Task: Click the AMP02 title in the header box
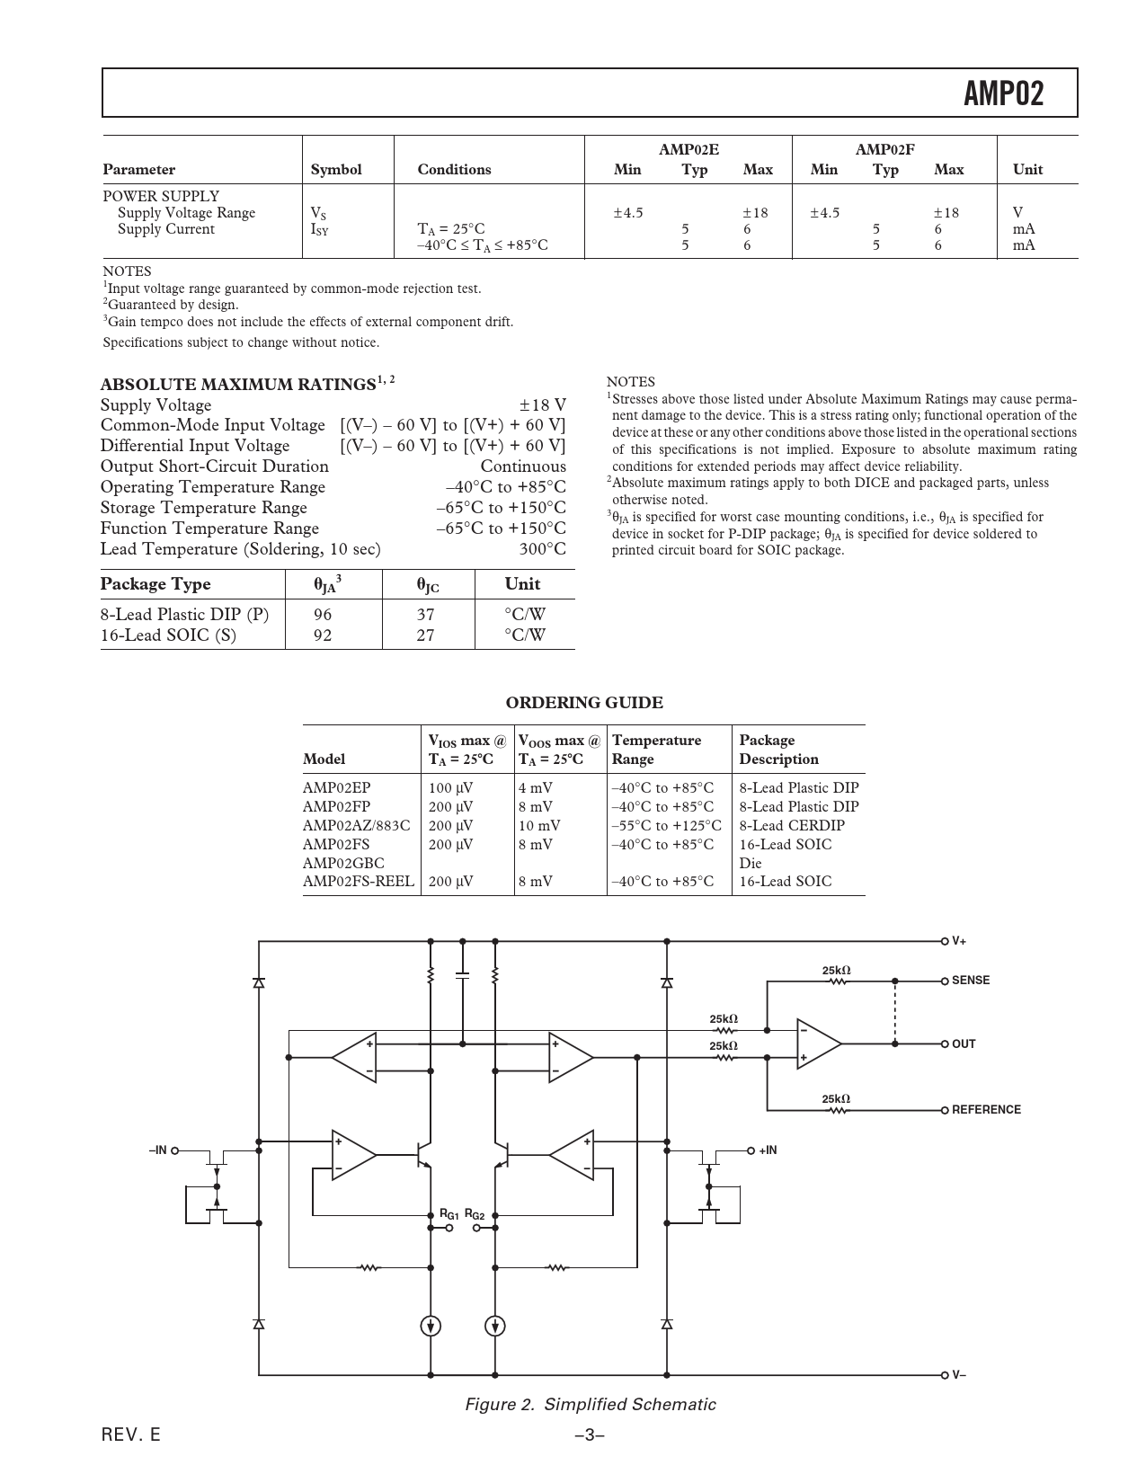pyautogui.click(x=1003, y=93)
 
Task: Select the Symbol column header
pyautogui.click(x=335, y=170)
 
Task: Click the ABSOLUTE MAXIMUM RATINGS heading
pyautogui.click(x=237, y=385)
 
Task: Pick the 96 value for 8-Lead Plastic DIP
pyautogui.click(x=323, y=615)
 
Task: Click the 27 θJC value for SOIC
pyautogui.click(x=425, y=635)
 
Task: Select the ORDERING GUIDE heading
pyautogui.click(x=584, y=703)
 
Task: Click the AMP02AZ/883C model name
pyautogui.click(x=356, y=825)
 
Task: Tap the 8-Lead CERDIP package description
pyautogui.click(x=791, y=825)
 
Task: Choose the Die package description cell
pyautogui.click(x=750, y=863)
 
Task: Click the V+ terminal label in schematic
pyautogui.click(x=959, y=941)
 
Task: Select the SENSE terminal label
pyautogui.click(x=970, y=981)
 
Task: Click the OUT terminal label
pyautogui.click(x=964, y=1044)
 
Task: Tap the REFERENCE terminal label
pyautogui.click(x=986, y=1110)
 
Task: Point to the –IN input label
pyautogui.click(x=158, y=1150)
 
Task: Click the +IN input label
pyautogui.click(x=768, y=1150)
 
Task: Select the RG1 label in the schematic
pyautogui.click(x=449, y=1215)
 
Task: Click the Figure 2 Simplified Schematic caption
pyautogui.click(x=590, y=1405)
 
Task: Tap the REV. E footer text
pyautogui.click(x=131, y=1435)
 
